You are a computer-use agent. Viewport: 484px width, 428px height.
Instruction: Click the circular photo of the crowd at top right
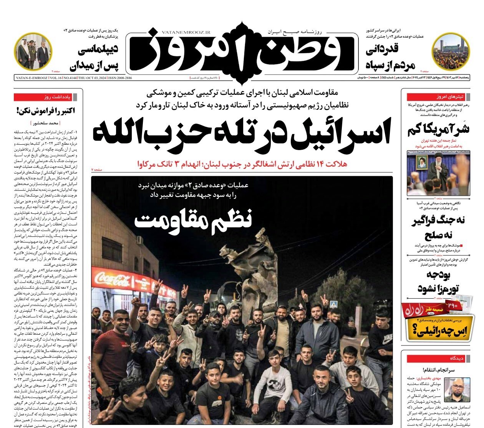click(450, 51)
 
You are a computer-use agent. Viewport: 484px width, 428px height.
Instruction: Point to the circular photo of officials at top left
click(33, 51)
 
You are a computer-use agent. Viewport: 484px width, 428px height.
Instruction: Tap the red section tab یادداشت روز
click(48, 97)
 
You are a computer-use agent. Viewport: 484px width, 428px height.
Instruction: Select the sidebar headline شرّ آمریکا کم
click(438, 129)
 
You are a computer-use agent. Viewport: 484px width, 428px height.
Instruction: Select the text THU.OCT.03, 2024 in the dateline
click(93, 78)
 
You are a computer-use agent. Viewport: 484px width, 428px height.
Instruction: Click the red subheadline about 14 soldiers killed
click(242, 164)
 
